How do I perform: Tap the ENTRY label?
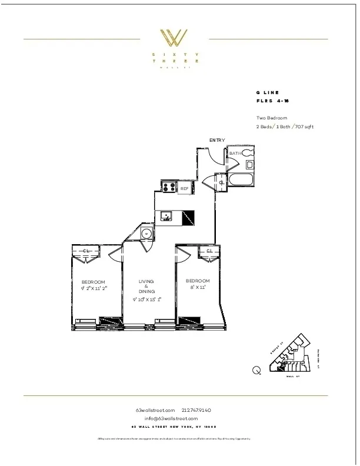[217, 140]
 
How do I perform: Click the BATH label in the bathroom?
[235, 154]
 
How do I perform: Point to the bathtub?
[241, 179]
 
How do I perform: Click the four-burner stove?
[169, 188]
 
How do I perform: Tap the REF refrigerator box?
[184, 188]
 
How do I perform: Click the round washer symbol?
[146, 234]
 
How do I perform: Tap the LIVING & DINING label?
[146, 286]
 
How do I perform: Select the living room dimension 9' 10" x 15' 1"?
[146, 299]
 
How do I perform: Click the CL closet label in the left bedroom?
[86, 251]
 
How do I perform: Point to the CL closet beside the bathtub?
[221, 182]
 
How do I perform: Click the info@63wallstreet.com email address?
[175, 418]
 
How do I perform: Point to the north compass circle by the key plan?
[256, 370]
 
